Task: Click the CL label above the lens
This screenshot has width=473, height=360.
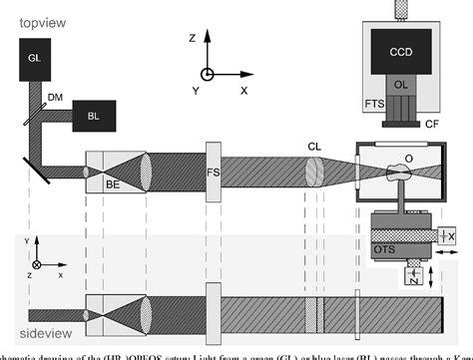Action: click(x=314, y=146)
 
